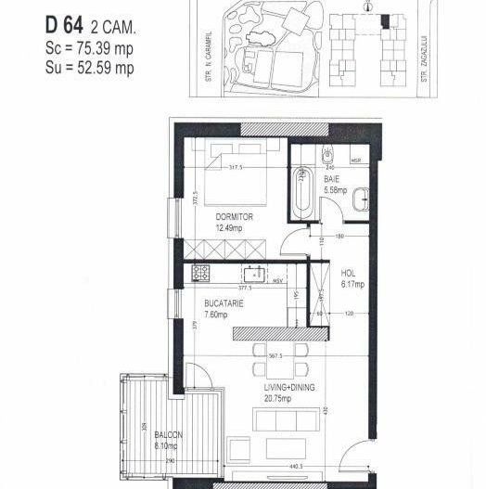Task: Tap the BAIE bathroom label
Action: [x=331, y=181]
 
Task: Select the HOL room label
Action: [x=349, y=274]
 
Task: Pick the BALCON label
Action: [x=169, y=435]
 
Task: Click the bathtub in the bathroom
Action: [x=302, y=192]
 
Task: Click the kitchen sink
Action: [x=251, y=274]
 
